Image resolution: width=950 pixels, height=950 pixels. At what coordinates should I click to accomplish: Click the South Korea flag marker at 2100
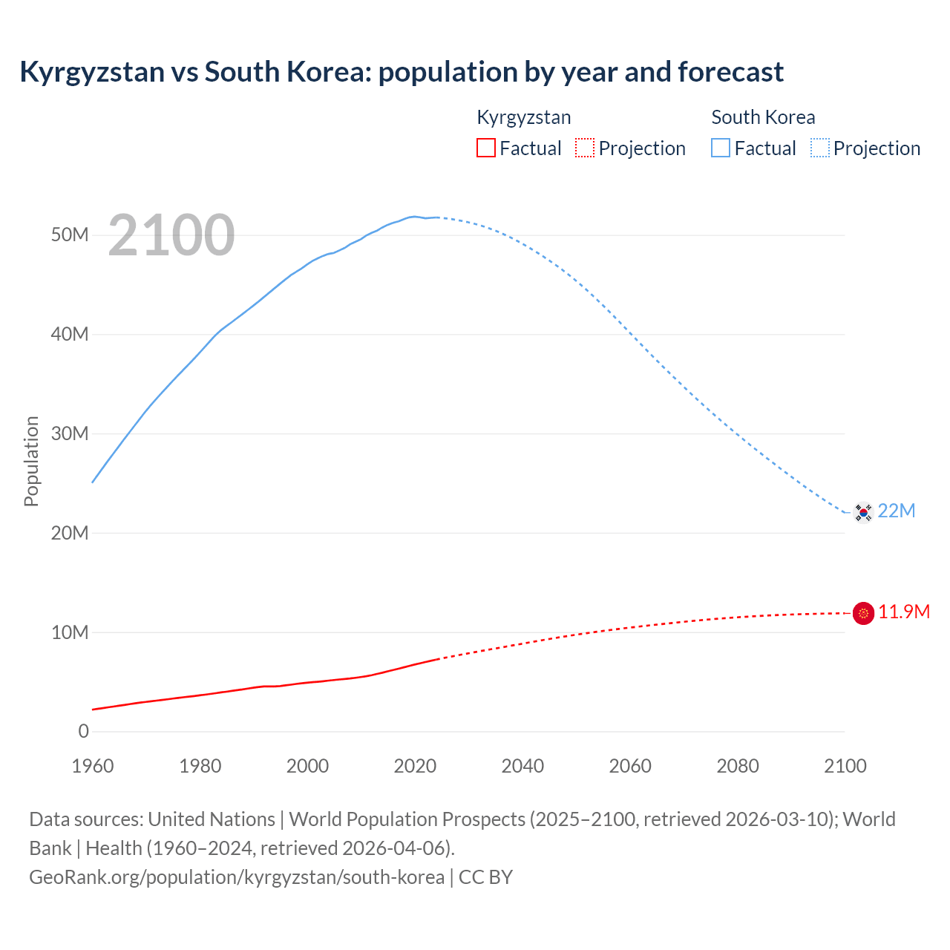(x=863, y=511)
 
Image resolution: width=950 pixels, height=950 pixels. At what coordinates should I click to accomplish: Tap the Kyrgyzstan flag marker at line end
(x=863, y=613)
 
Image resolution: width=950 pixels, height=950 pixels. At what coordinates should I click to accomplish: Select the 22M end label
(x=897, y=511)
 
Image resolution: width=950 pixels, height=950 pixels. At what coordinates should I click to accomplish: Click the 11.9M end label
(x=904, y=612)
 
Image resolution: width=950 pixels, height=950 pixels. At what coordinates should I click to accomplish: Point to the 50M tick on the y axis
(x=70, y=235)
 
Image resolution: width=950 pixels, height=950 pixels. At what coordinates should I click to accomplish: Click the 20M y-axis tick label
(x=70, y=533)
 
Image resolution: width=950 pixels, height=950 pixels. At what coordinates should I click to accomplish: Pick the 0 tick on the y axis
(x=83, y=732)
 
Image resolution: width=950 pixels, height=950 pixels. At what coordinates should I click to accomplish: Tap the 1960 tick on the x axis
(x=93, y=766)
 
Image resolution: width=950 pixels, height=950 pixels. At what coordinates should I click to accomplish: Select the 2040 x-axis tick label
(x=522, y=766)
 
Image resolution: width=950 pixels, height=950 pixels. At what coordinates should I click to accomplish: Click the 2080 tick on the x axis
(x=738, y=766)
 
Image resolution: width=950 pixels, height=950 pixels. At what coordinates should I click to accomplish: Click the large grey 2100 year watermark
(x=171, y=235)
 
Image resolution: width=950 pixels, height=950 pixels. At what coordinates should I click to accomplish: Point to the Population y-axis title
(x=31, y=461)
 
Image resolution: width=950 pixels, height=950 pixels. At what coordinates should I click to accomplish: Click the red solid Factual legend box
(x=486, y=148)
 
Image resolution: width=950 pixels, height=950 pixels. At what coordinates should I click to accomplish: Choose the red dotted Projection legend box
(x=585, y=148)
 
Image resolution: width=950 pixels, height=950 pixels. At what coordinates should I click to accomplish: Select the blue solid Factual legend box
(x=721, y=148)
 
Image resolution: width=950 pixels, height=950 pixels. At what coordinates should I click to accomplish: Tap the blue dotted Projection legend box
(x=820, y=148)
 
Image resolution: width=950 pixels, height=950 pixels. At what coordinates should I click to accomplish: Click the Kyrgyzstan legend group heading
(x=523, y=117)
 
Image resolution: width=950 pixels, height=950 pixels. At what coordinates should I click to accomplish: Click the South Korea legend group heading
(x=763, y=117)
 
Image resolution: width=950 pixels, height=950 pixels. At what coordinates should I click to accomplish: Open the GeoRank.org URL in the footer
(x=237, y=877)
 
